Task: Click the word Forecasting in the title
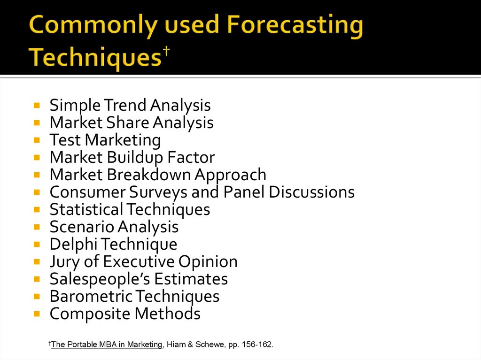[295, 26]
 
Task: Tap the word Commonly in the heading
[93, 26]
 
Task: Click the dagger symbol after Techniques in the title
[166, 52]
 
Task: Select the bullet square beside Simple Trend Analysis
[37, 106]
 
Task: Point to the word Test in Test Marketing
[65, 140]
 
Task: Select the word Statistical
[86, 209]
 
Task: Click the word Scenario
[82, 227]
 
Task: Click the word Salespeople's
[100, 280]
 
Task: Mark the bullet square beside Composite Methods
[37, 314]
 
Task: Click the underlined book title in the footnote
[107, 345]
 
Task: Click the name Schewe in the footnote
[209, 345]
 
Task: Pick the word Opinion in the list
[208, 262]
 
